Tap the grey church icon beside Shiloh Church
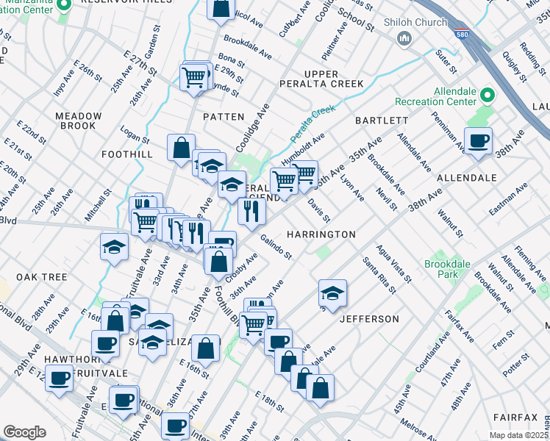(x=403, y=37)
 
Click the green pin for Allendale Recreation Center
(x=488, y=95)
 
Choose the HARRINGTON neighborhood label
(x=321, y=234)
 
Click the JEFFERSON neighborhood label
(x=369, y=319)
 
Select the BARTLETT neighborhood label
(x=382, y=120)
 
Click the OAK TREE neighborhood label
(x=42, y=277)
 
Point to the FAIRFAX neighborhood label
(x=515, y=417)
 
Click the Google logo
(x=24, y=432)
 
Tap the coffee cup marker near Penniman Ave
(x=478, y=140)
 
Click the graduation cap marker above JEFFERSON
(x=332, y=293)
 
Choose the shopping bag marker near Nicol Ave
(x=221, y=9)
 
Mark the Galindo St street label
(x=276, y=247)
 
